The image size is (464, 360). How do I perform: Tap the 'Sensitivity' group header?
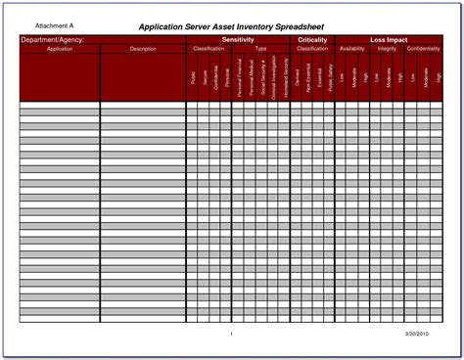(x=238, y=40)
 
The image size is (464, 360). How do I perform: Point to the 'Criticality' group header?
(x=312, y=40)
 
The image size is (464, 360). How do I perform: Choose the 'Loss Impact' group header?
(x=389, y=40)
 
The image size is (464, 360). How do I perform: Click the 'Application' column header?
(x=59, y=48)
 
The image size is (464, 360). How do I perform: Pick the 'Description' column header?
(x=142, y=48)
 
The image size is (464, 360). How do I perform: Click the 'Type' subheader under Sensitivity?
(x=260, y=48)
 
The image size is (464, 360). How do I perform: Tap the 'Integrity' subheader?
(x=388, y=48)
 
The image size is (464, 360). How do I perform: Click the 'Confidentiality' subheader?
(x=423, y=48)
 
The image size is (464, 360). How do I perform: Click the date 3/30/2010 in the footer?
(x=417, y=334)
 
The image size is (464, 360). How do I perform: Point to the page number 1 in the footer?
(x=231, y=334)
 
